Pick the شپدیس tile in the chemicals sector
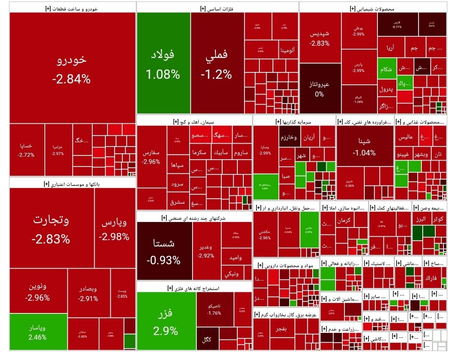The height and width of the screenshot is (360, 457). pos(320,38)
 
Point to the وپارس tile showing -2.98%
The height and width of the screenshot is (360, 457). pos(114,229)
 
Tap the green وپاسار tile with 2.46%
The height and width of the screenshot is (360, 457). pos(38,332)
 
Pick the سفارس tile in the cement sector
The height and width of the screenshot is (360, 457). pos(151,157)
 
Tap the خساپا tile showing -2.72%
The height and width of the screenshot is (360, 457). pos(26,150)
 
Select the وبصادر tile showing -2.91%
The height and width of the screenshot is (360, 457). pos(88,293)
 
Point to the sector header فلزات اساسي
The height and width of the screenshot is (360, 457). pos(217,8)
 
